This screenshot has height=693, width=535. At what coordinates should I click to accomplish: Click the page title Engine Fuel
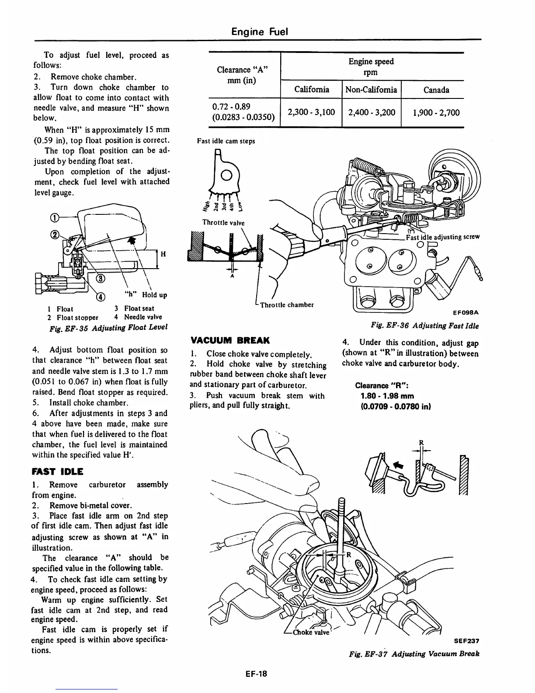tap(260, 31)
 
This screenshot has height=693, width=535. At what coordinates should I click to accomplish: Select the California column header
tap(311, 90)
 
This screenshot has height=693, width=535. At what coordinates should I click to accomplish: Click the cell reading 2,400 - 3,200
tap(372, 112)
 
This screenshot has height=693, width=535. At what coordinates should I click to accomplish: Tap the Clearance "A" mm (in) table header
tap(242, 75)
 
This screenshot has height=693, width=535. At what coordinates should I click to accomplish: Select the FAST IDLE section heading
tap(58, 471)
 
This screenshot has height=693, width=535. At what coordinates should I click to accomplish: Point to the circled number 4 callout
tap(101, 297)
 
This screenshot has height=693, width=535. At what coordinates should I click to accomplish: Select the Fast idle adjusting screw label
tap(442, 237)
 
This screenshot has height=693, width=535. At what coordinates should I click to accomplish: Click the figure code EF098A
tap(466, 312)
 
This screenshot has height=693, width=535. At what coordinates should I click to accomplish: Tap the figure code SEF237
tap(466, 640)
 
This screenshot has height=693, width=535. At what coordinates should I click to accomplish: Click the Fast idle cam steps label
tap(226, 141)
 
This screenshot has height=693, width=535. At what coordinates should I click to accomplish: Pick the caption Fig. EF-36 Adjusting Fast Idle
tap(424, 325)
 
